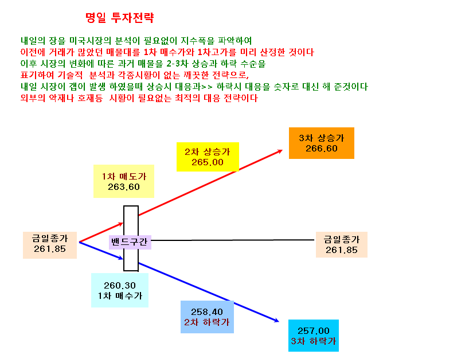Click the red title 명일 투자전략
coord(119,18)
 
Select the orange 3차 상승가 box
coord(321,143)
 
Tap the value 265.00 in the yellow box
coord(207,162)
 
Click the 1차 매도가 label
coord(124,176)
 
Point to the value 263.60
coord(124,187)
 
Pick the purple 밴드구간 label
coord(130,242)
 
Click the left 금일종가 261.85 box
coord(50,245)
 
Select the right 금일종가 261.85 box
coord(342,244)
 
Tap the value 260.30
coord(120,285)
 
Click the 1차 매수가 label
coord(120,295)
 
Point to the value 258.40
coord(206,312)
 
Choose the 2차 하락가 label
coord(206,322)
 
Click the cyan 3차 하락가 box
coord(314,336)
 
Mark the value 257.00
coord(314,331)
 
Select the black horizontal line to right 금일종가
coord(233,240)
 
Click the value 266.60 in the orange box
coord(321,148)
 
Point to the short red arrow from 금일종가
coord(101,232)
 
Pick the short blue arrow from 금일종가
coord(101,251)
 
